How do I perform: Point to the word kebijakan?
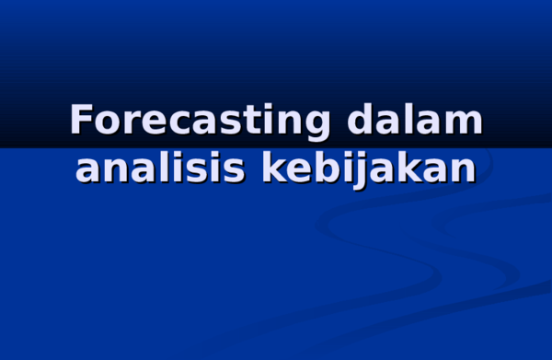pos(369,168)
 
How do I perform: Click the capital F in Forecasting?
pos(83,122)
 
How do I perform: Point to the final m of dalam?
pos(464,124)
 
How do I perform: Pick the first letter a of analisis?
pos(88,169)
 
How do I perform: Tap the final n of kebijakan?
pos(463,169)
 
